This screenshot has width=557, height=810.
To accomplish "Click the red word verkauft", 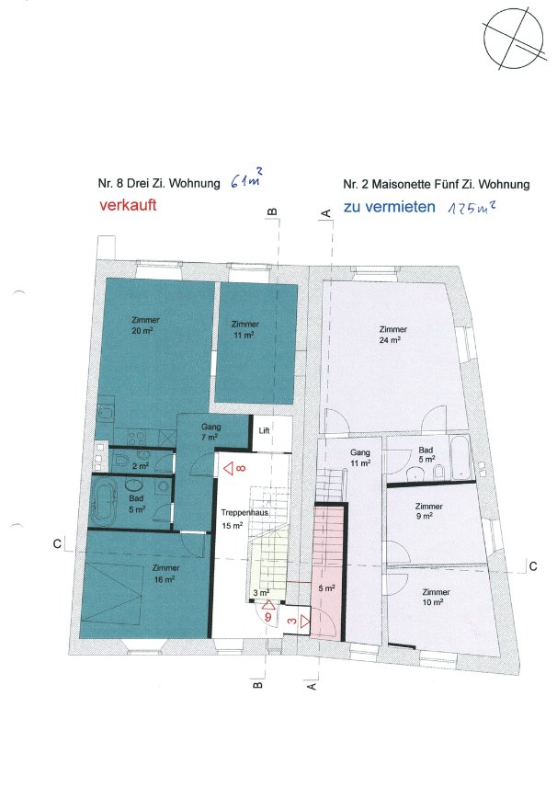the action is click(x=128, y=205).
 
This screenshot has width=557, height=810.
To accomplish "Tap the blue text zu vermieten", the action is click(x=389, y=207).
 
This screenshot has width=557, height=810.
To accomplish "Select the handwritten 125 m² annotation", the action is click(x=472, y=208).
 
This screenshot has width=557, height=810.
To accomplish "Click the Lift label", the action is click(x=264, y=430).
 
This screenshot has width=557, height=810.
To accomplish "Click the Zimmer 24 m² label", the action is click(x=392, y=335).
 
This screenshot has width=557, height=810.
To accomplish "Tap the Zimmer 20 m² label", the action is click(x=145, y=325).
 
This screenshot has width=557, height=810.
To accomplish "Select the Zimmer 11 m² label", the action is click(x=244, y=329).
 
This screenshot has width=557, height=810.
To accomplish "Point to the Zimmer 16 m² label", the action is click(x=165, y=574).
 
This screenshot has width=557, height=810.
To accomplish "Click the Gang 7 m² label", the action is click(x=210, y=432).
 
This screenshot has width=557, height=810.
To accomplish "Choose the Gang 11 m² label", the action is click(x=359, y=458).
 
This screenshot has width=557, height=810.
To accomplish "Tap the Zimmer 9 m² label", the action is click(x=428, y=511).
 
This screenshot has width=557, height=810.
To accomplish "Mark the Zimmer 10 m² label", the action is click(x=436, y=598).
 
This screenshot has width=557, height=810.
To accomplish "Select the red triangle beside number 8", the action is click(x=229, y=469).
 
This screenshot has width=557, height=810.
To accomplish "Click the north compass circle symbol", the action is click(x=513, y=39).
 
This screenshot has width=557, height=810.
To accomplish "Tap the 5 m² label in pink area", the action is click(x=326, y=588).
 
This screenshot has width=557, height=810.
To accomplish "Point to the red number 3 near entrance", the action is click(x=292, y=621).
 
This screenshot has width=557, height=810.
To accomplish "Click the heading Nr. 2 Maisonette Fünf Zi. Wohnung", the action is click(x=437, y=184).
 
